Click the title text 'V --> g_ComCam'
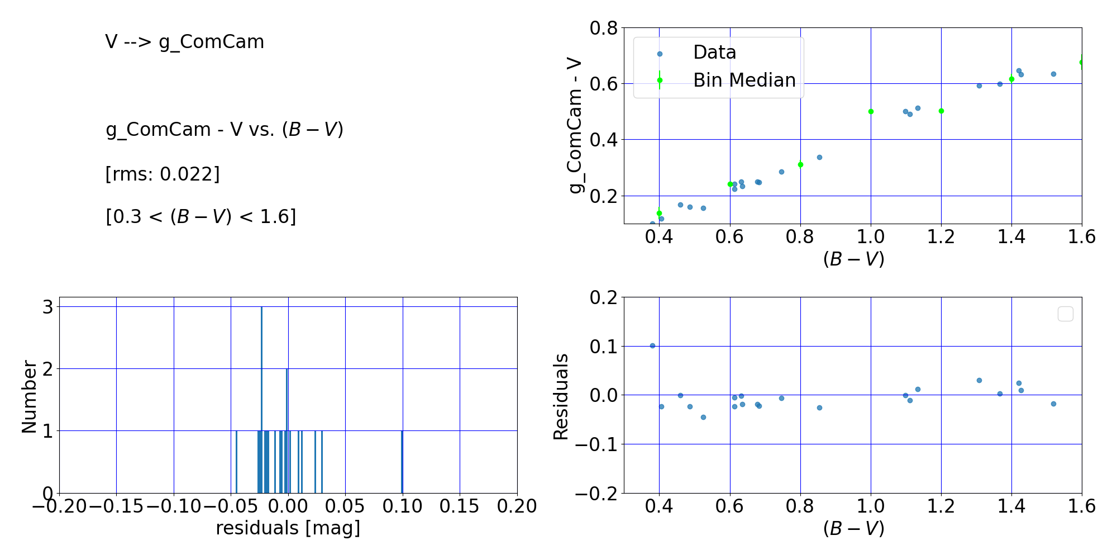point(184,42)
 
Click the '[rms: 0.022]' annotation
point(163,174)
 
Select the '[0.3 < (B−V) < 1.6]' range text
point(201,216)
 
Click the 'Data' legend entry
point(714,53)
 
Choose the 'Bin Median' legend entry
point(744,80)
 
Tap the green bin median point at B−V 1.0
point(871,111)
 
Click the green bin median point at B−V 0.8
point(800,164)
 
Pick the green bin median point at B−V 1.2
point(941,111)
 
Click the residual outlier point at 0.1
point(652,345)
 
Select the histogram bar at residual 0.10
point(402,462)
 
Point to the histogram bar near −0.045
point(236,462)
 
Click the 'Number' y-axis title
point(29,396)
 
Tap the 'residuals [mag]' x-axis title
point(288,528)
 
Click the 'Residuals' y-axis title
point(561,396)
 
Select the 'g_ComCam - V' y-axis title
point(575,126)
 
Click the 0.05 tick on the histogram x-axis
point(345,506)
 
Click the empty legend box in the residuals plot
point(1065,314)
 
